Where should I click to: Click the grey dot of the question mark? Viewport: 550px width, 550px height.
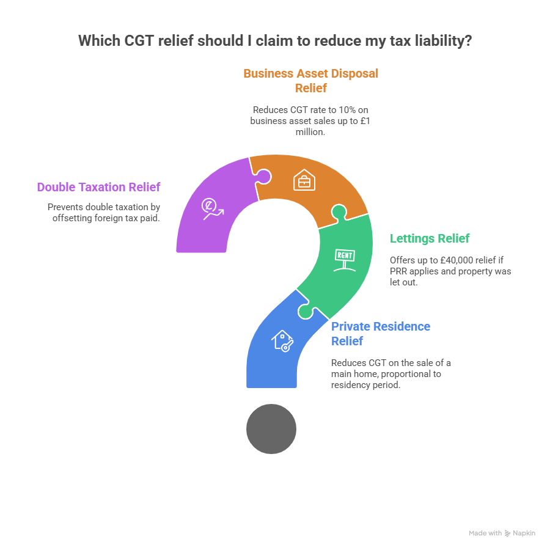(271, 428)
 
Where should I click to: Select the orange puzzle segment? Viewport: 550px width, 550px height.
(306, 183)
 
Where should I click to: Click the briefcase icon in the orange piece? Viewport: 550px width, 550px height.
(304, 181)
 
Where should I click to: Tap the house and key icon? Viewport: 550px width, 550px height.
(282, 341)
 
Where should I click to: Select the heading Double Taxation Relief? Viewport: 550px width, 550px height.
(98, 187)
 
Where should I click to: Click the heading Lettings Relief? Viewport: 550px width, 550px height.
(430, 238)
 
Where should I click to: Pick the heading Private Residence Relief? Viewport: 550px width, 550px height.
(380, 333)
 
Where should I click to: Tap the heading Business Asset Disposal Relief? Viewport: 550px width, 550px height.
(310, 81)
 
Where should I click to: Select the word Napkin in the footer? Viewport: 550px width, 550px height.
(524, 533)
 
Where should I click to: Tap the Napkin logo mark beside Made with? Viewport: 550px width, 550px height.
(508, 533)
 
